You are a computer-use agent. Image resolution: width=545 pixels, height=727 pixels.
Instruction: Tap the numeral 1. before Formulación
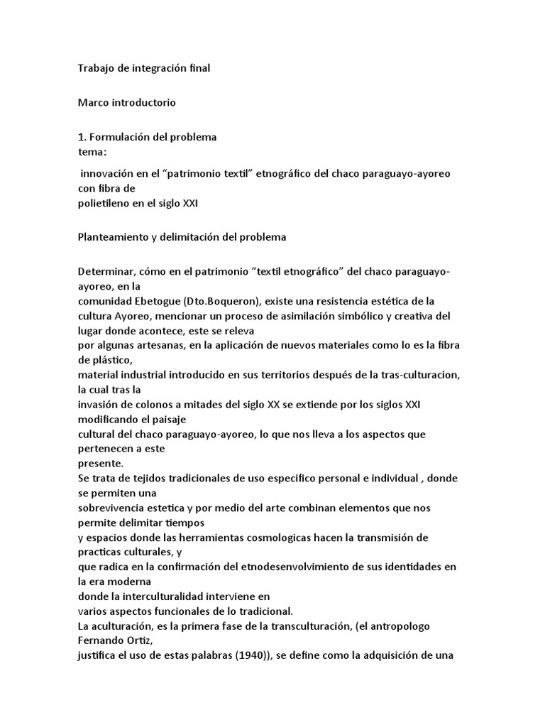pyautogui.click(x=82, y=136)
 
